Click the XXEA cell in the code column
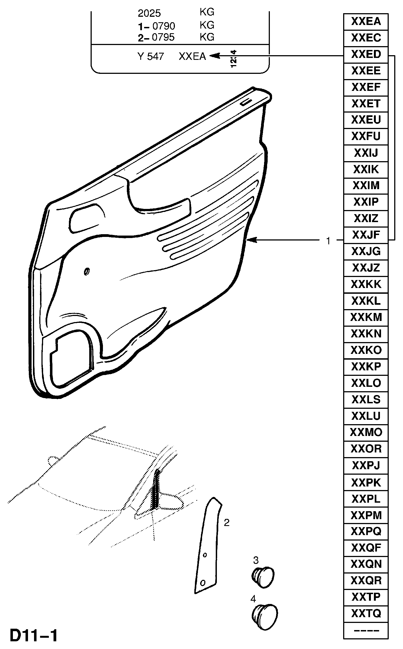pyautogui.click(x=366, y=22)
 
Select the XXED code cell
pyautogui.click(x=366, y=55)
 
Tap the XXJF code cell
pyautogui.click(x=366, y=235)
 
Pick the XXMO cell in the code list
pyautogui.click(x=366, y=432)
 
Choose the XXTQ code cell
pyautogui.click(x=366, y=613)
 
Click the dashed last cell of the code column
pyautogui.click(x=366, y=630)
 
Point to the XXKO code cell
pyautogui.click(x=366, y=350)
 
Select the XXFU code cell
pyautogui.click(x=366, y=136)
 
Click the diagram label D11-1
pyautogui.click(x=34, y=636)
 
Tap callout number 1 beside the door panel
pyautogui.click(x=328, y=241)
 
